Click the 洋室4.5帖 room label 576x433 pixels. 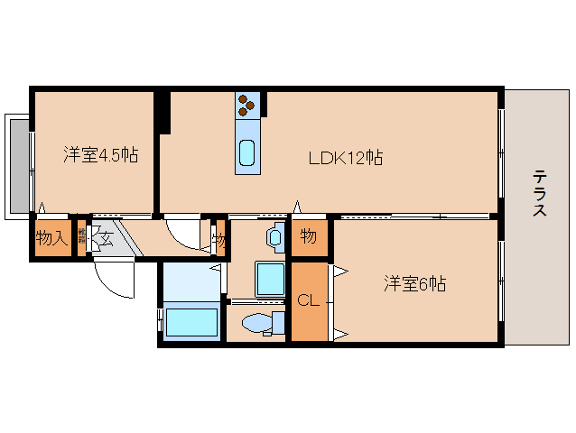(100, 154)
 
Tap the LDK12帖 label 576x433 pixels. (346, 158)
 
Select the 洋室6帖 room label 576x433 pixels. (414, 283)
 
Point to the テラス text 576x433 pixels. (538, 193)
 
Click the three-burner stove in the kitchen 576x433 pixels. (247, 106)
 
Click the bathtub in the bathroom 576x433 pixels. (192, 322)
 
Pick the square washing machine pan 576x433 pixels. (270, 279)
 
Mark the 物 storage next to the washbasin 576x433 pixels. (308, 237)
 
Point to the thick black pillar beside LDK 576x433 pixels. (163, 112)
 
